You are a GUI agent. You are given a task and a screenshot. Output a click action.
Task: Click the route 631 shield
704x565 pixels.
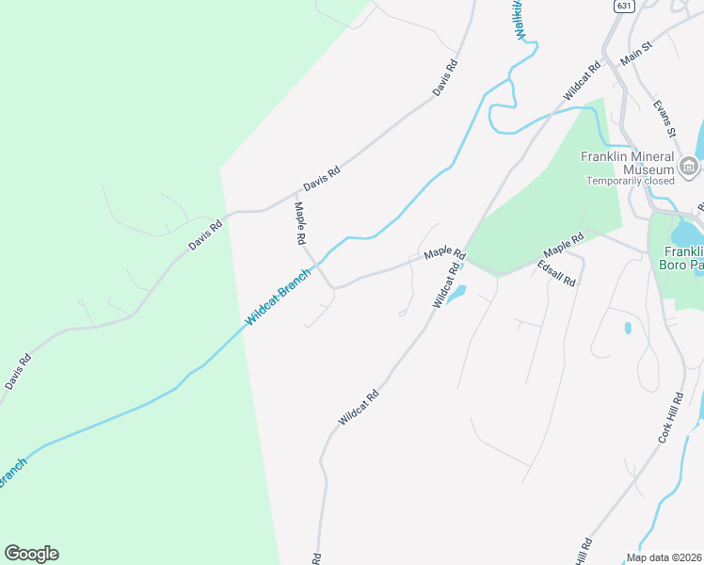coord(624,6)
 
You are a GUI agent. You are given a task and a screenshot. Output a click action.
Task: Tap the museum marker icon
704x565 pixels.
coord(689,169)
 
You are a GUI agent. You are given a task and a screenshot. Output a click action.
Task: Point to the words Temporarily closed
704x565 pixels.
coord(631,181)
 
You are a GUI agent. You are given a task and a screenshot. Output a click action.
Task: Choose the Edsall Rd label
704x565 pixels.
coord(556,274)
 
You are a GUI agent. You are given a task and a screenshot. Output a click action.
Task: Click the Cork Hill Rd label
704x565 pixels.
coord(669,420)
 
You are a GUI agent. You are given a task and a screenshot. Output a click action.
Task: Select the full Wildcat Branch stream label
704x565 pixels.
coord(278,299)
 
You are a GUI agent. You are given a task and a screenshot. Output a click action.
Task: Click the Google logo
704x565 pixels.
coord(31,554)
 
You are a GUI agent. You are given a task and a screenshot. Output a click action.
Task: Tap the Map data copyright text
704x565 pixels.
coord(664,557)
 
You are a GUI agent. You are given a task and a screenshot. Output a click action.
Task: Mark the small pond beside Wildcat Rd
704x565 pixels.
coord(455,296)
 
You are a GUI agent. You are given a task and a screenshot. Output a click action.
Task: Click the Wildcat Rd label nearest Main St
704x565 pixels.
coord(582,82)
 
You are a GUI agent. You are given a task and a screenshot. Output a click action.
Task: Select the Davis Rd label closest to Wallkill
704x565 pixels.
coord(445,78)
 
